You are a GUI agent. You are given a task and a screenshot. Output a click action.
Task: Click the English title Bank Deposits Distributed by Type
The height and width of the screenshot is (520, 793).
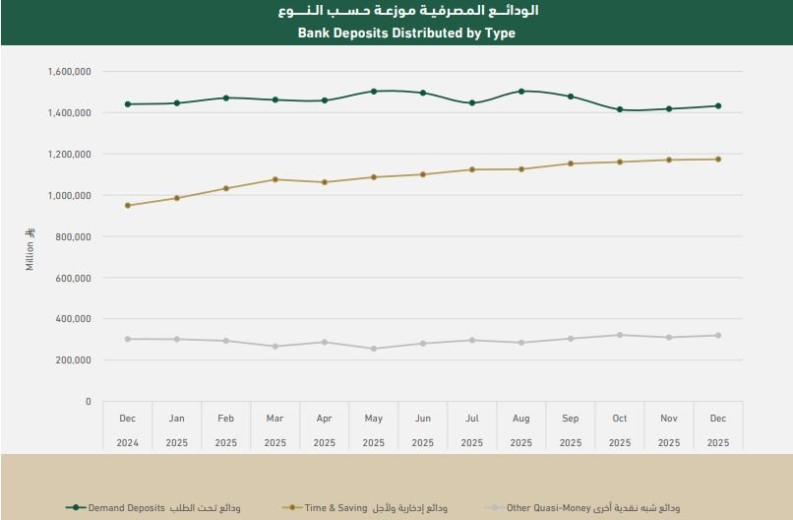tap(405, 32)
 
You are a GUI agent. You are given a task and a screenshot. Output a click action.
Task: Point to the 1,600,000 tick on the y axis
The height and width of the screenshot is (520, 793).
tap(69, 72)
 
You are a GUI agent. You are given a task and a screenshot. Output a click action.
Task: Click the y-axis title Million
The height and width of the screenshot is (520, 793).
tap(30, 250)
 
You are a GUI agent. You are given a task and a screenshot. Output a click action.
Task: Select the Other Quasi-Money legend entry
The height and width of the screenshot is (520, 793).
tap(598, 508)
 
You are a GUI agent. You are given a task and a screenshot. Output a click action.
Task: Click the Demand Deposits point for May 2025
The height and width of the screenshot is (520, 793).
tap(374, 92)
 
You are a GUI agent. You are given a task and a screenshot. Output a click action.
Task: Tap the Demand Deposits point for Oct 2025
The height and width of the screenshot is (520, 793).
tap(620, 109)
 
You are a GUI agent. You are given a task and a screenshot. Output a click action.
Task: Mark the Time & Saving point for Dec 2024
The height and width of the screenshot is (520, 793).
tap(128, 206)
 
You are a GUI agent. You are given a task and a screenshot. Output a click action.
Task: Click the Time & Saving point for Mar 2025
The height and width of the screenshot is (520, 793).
tap(275, 179)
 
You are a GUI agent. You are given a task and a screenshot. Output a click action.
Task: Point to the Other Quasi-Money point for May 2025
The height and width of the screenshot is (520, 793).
tap(374, 349)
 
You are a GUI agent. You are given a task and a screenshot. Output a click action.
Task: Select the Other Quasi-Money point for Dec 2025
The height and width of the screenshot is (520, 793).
tap(718, 336)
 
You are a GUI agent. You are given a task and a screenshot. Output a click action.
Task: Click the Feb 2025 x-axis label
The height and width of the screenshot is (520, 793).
tap(226, 430)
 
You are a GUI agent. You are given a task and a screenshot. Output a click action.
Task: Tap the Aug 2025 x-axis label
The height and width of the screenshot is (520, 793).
tap(521, 430)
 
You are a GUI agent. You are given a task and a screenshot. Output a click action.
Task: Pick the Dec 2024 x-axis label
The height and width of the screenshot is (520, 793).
tap(128, 430)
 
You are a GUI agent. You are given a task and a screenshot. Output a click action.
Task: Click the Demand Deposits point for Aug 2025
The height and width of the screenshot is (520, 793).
tap(521, 92)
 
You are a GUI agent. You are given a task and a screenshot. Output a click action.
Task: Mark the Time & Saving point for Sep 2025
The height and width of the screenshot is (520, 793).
tap(571, 163)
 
